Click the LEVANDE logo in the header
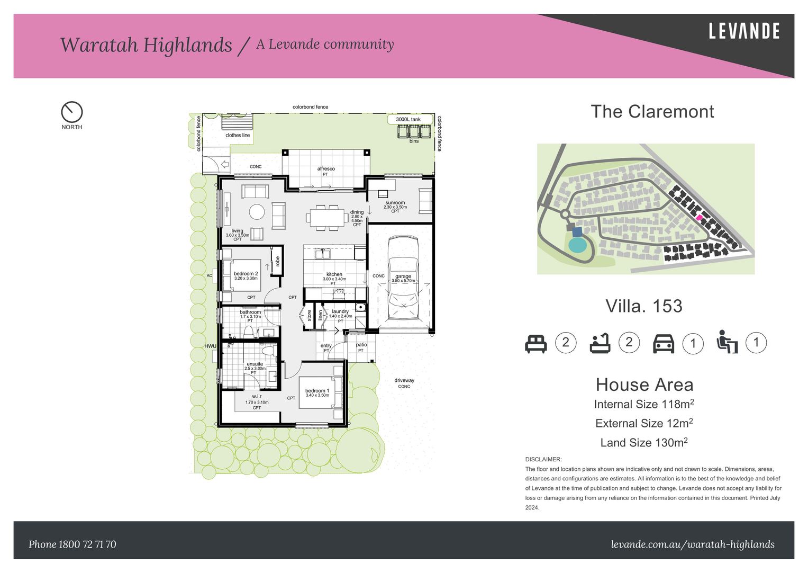click(743, 31)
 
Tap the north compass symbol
click(72, 112)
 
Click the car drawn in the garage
click(403, 279)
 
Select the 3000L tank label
click(408, 119)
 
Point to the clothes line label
click(237, 135)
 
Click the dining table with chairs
click(326, 218)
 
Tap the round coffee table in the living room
click(257, 212)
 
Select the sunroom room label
click(395, 203)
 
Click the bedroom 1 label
click(317, 391)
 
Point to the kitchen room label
click(334, 274)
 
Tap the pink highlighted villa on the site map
click(699, 217)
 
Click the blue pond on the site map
click(577, 245)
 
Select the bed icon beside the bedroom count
click(535, 343)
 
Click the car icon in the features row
click(664, 344)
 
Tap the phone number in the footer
click(72, 544)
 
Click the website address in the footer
click(692, 544)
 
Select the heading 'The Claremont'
click(652, 111)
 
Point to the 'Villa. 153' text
click(643, 306)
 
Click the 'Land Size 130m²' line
click(643, 442)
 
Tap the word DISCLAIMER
click(543, 459)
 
